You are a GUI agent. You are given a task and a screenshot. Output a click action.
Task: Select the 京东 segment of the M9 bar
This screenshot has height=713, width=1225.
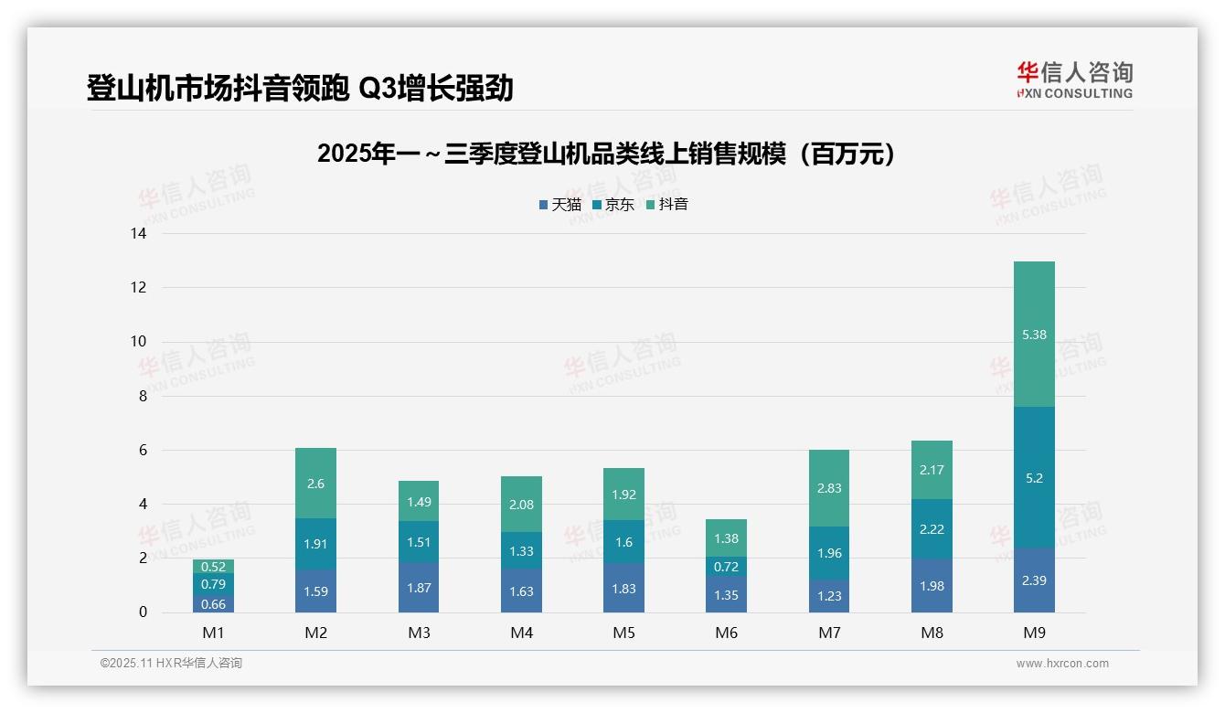pos(1034,478)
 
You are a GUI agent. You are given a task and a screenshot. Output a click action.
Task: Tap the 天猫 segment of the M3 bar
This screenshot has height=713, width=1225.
pos(419,588)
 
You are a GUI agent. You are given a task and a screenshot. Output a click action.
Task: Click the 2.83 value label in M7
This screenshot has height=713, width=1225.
pos(829,488)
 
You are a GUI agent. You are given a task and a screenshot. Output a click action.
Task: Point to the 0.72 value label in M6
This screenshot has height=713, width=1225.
pos(727,568)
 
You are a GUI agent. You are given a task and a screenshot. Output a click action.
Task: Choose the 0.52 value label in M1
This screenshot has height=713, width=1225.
pos(213,567)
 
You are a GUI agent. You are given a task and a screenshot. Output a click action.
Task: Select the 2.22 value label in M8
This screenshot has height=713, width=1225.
pos(932,529)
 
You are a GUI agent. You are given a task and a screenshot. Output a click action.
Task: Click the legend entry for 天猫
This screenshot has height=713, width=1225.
pos(560,205)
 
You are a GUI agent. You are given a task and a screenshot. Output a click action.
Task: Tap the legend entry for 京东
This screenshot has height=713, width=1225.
pos(613,205)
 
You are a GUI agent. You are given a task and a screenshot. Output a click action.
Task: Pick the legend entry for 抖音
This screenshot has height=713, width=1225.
pos(667,205)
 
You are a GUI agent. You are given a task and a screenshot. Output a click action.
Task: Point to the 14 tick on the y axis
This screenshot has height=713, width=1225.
pos(138,234)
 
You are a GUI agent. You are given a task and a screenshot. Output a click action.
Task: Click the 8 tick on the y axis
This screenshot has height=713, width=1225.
pos(142,396)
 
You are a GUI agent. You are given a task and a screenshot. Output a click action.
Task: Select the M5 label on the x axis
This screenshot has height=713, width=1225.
pos(623,633)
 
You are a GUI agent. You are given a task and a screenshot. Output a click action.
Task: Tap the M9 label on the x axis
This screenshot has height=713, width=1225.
pos(1034,633)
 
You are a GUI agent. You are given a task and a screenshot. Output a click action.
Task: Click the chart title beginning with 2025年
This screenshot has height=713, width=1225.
pos(606,154)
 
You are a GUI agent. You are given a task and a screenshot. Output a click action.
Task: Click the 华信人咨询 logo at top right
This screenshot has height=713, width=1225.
pos(1074,80)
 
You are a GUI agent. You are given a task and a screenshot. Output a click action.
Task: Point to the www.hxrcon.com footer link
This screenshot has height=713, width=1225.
pos(1062,664)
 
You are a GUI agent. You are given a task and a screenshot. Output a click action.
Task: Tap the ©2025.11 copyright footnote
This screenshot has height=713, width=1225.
pos(171,663)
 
